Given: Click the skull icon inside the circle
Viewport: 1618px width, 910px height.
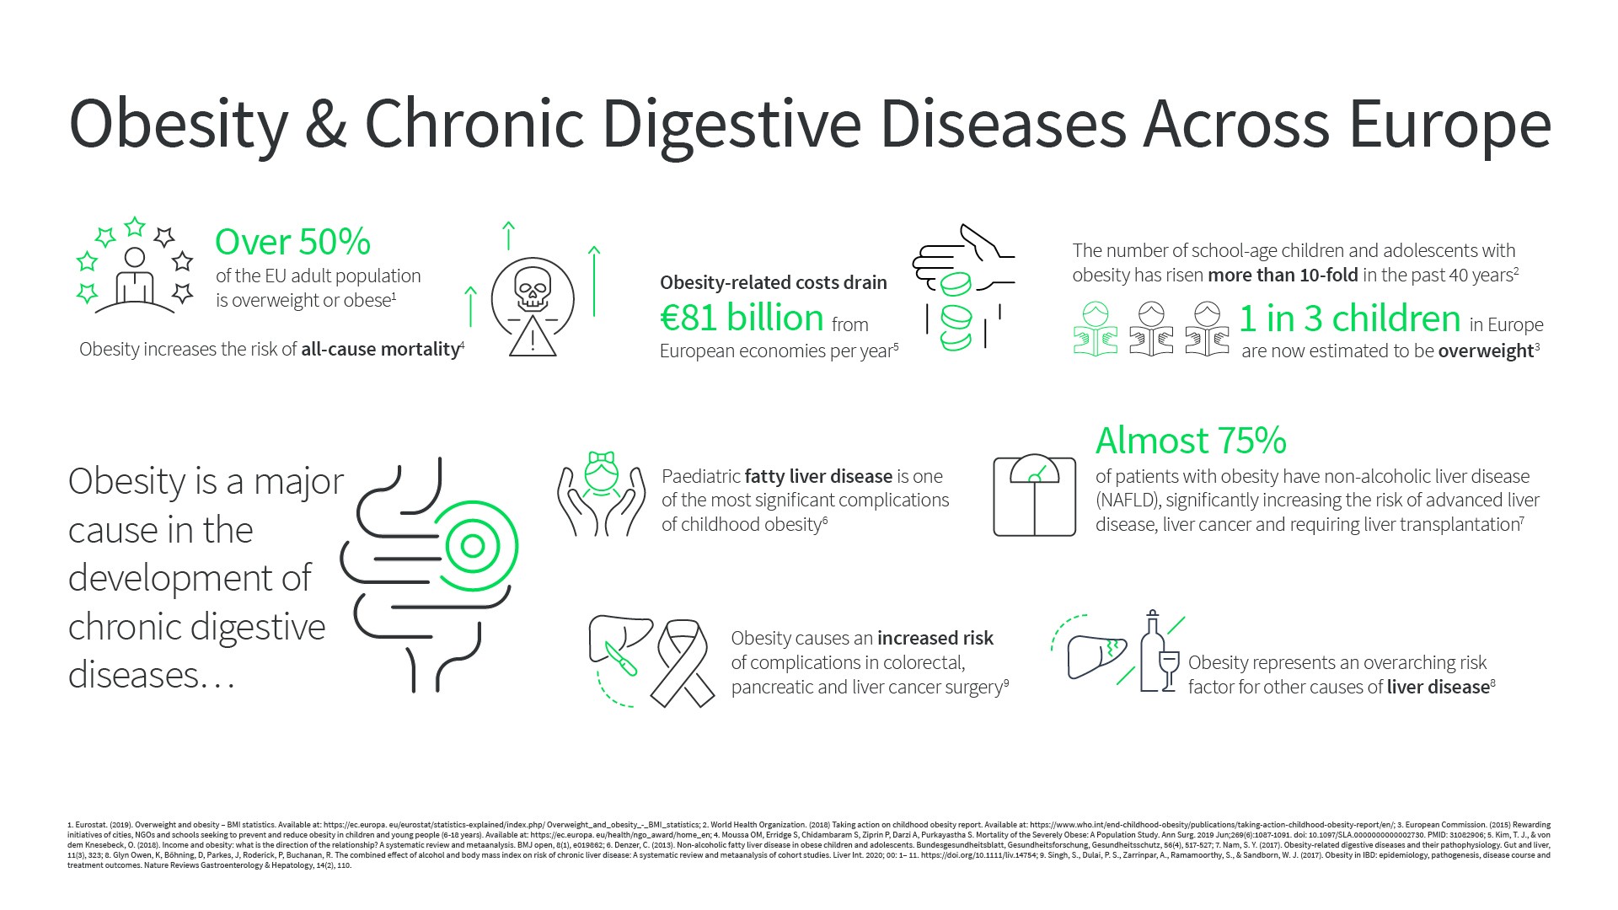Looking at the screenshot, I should pyautogui.click(x=533, y=289).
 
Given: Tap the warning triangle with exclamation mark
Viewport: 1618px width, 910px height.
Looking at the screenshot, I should pyautogui.click(x=533, y=337).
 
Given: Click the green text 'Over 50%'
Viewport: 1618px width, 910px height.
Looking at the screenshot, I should pyautogui.click(x=292, y=242).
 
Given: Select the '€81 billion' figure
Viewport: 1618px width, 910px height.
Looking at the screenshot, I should pyautogui.click(x=742, y=318).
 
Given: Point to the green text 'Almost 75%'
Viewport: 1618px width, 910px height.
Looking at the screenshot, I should pyautogui.click(x=1191, y=440).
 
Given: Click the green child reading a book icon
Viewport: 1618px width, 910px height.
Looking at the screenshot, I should pyautogui.click(x=1096, y=329).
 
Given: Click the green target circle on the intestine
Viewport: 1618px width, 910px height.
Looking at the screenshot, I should pyautogui.click(x=473, y=547).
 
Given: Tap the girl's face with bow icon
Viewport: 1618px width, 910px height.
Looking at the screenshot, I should pyautogui.click(x=602, y=474).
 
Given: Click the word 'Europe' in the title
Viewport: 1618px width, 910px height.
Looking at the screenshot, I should pyautogui.click(x=1449, y=124).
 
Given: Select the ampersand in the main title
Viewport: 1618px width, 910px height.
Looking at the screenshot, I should pyautogui.click(x=326, y=124).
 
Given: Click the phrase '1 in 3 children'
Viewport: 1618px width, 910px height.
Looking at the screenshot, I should pyautogui.click(x=1349, y=318).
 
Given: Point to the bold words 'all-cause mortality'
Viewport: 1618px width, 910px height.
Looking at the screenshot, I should pyautogui.click(x=380, y=349).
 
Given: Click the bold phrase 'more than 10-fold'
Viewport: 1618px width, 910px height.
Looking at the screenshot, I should pyautogui.click(x=1283, y=275).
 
